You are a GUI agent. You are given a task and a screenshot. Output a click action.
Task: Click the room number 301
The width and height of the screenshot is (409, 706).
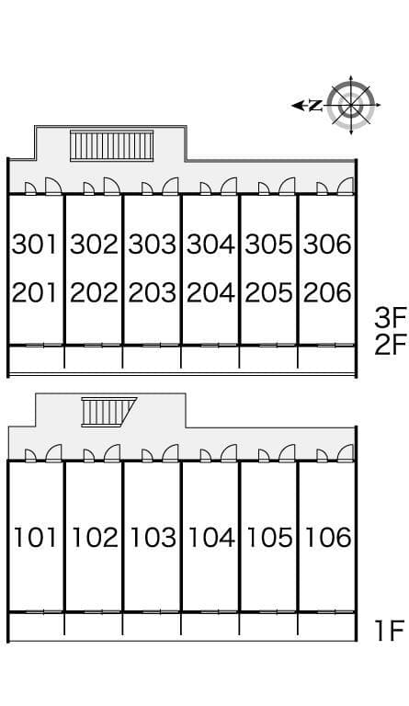point(35,244)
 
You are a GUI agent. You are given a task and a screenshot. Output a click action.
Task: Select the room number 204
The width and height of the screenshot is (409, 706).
point(210,292)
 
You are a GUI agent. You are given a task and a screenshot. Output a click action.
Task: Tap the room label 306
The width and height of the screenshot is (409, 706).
point(327,244)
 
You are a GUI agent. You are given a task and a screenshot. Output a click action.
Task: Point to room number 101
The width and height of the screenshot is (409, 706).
point(36,537)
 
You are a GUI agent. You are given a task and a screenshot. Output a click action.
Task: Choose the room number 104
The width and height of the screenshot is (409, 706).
point(211,537)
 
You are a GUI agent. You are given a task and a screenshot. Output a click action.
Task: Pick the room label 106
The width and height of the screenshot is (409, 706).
point(328,537)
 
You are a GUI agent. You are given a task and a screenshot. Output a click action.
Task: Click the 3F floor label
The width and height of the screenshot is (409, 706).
point(390,317)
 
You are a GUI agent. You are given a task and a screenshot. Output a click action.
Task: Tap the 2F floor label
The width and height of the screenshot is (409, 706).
point(390,345)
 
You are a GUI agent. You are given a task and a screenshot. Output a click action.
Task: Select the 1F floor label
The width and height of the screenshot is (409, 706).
point(390,631)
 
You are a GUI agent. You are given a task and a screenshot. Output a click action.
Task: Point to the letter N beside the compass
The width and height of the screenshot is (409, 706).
point(316,106)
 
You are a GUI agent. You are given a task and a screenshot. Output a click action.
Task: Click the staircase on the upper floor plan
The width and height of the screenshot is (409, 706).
point(112,145)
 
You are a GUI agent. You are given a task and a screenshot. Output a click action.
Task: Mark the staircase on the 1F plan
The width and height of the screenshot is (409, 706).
point(108,412)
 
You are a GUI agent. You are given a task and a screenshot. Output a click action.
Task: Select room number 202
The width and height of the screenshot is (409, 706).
point(94,292)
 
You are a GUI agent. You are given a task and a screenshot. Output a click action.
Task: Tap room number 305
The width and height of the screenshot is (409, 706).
point(269,244)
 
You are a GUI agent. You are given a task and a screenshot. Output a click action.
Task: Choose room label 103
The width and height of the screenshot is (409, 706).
point(153,537)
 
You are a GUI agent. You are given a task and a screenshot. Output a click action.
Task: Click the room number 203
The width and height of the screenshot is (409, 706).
point(152,292)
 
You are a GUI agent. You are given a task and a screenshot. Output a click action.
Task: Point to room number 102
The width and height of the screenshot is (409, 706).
point(95,537)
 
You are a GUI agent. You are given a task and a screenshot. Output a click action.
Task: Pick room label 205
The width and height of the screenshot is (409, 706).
point(269,292)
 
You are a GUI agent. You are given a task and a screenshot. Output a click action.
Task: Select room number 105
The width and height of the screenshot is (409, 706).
point(270,537)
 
